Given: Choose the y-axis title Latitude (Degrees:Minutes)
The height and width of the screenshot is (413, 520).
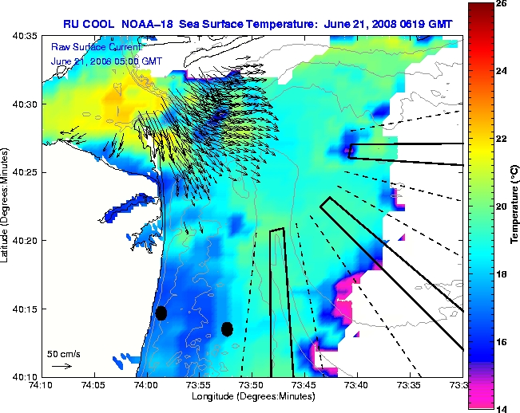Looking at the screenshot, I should (x=6, y=206).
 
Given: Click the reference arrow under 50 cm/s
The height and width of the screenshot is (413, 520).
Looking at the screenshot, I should (x=61, y=366).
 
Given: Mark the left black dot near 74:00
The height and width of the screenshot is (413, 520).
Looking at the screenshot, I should (x=161, y=313).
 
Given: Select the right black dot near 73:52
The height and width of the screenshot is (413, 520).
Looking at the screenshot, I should (x=227, y=328).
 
